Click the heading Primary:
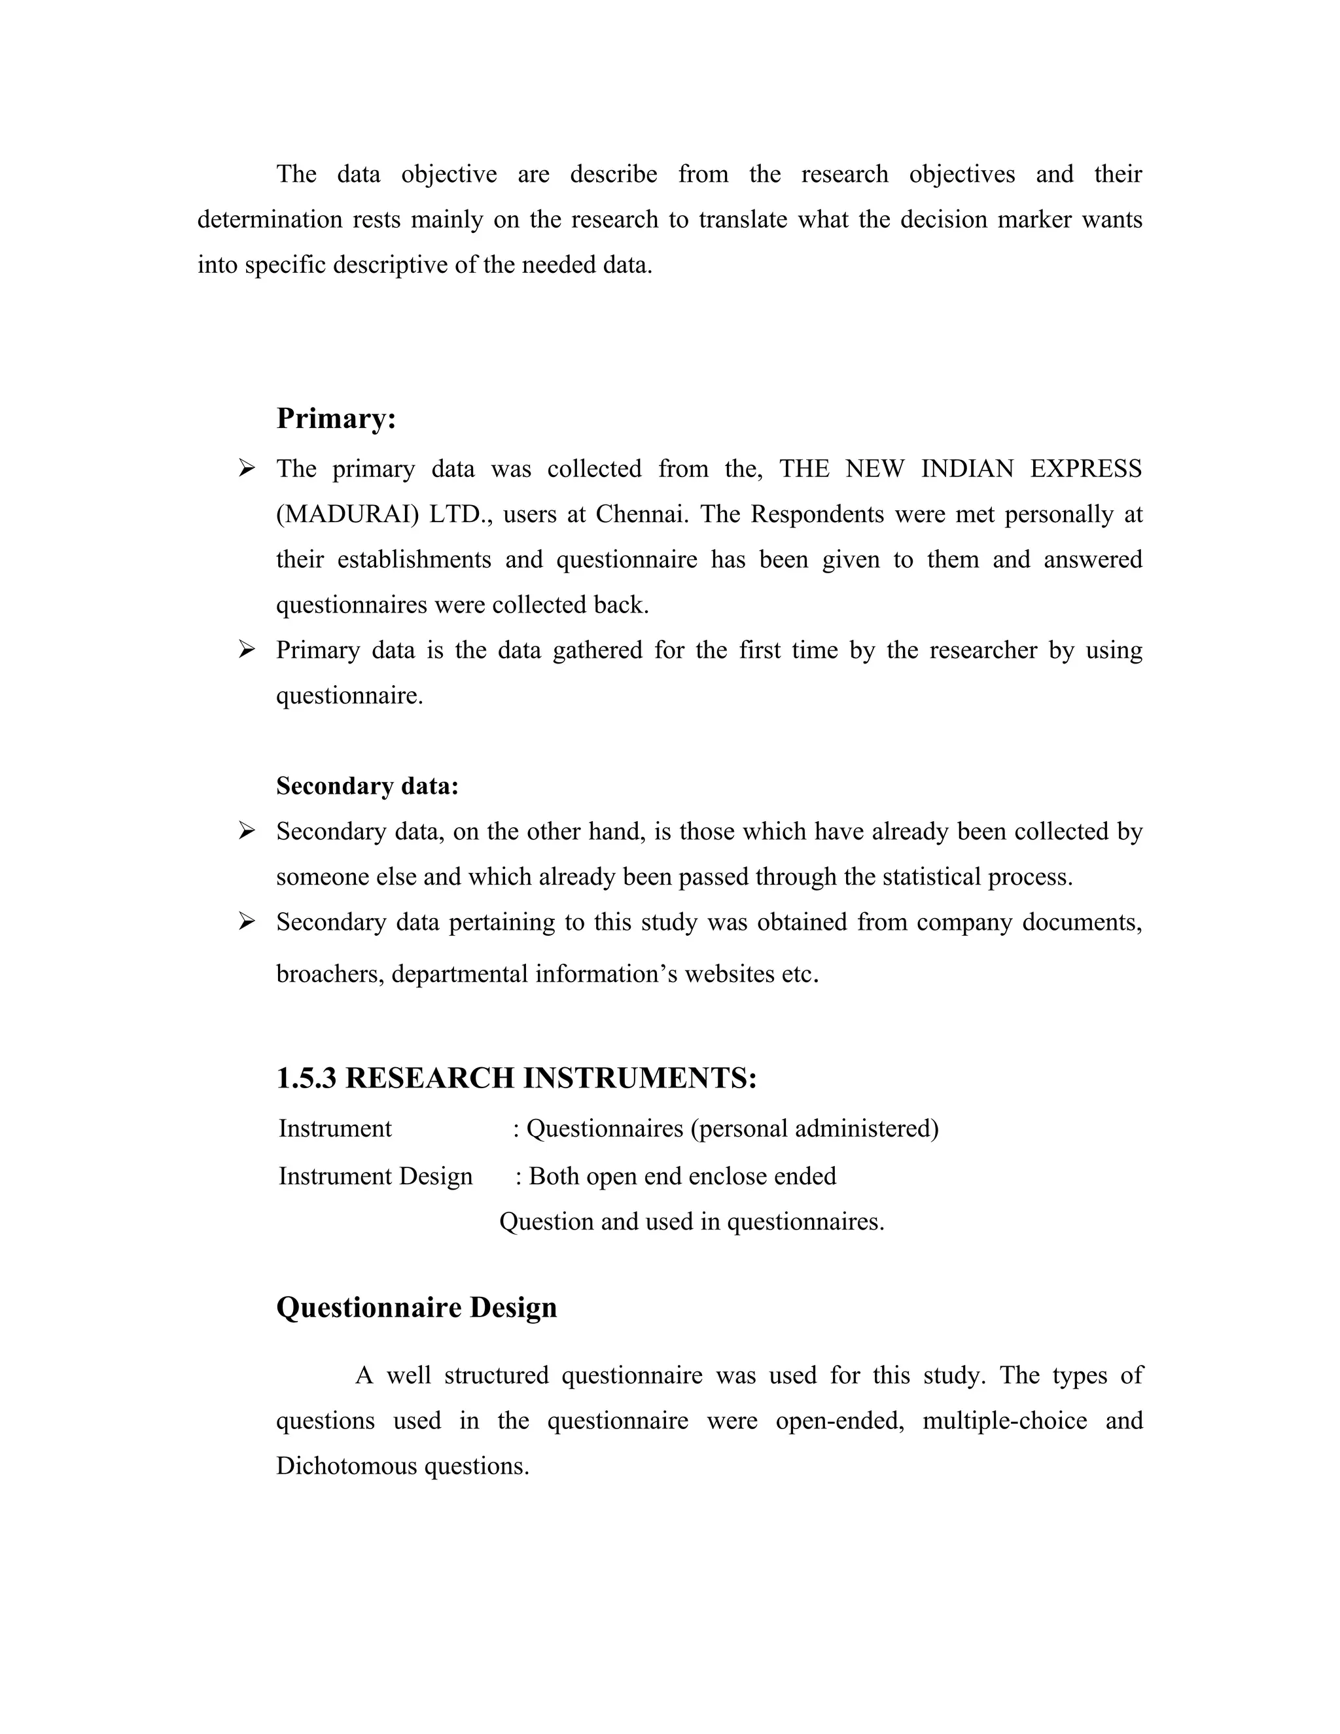[336, 418]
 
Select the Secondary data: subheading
[367, 786]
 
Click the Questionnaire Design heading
[416, 1307]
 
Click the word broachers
[330, 974]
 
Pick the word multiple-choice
[1004, 1421]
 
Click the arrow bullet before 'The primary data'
[247, 469]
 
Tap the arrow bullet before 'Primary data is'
[247, 650]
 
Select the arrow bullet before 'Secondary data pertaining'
[247, 922]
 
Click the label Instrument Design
[376, 1176]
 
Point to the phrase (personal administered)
[815, 1128]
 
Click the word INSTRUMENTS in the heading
[640, 1078]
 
